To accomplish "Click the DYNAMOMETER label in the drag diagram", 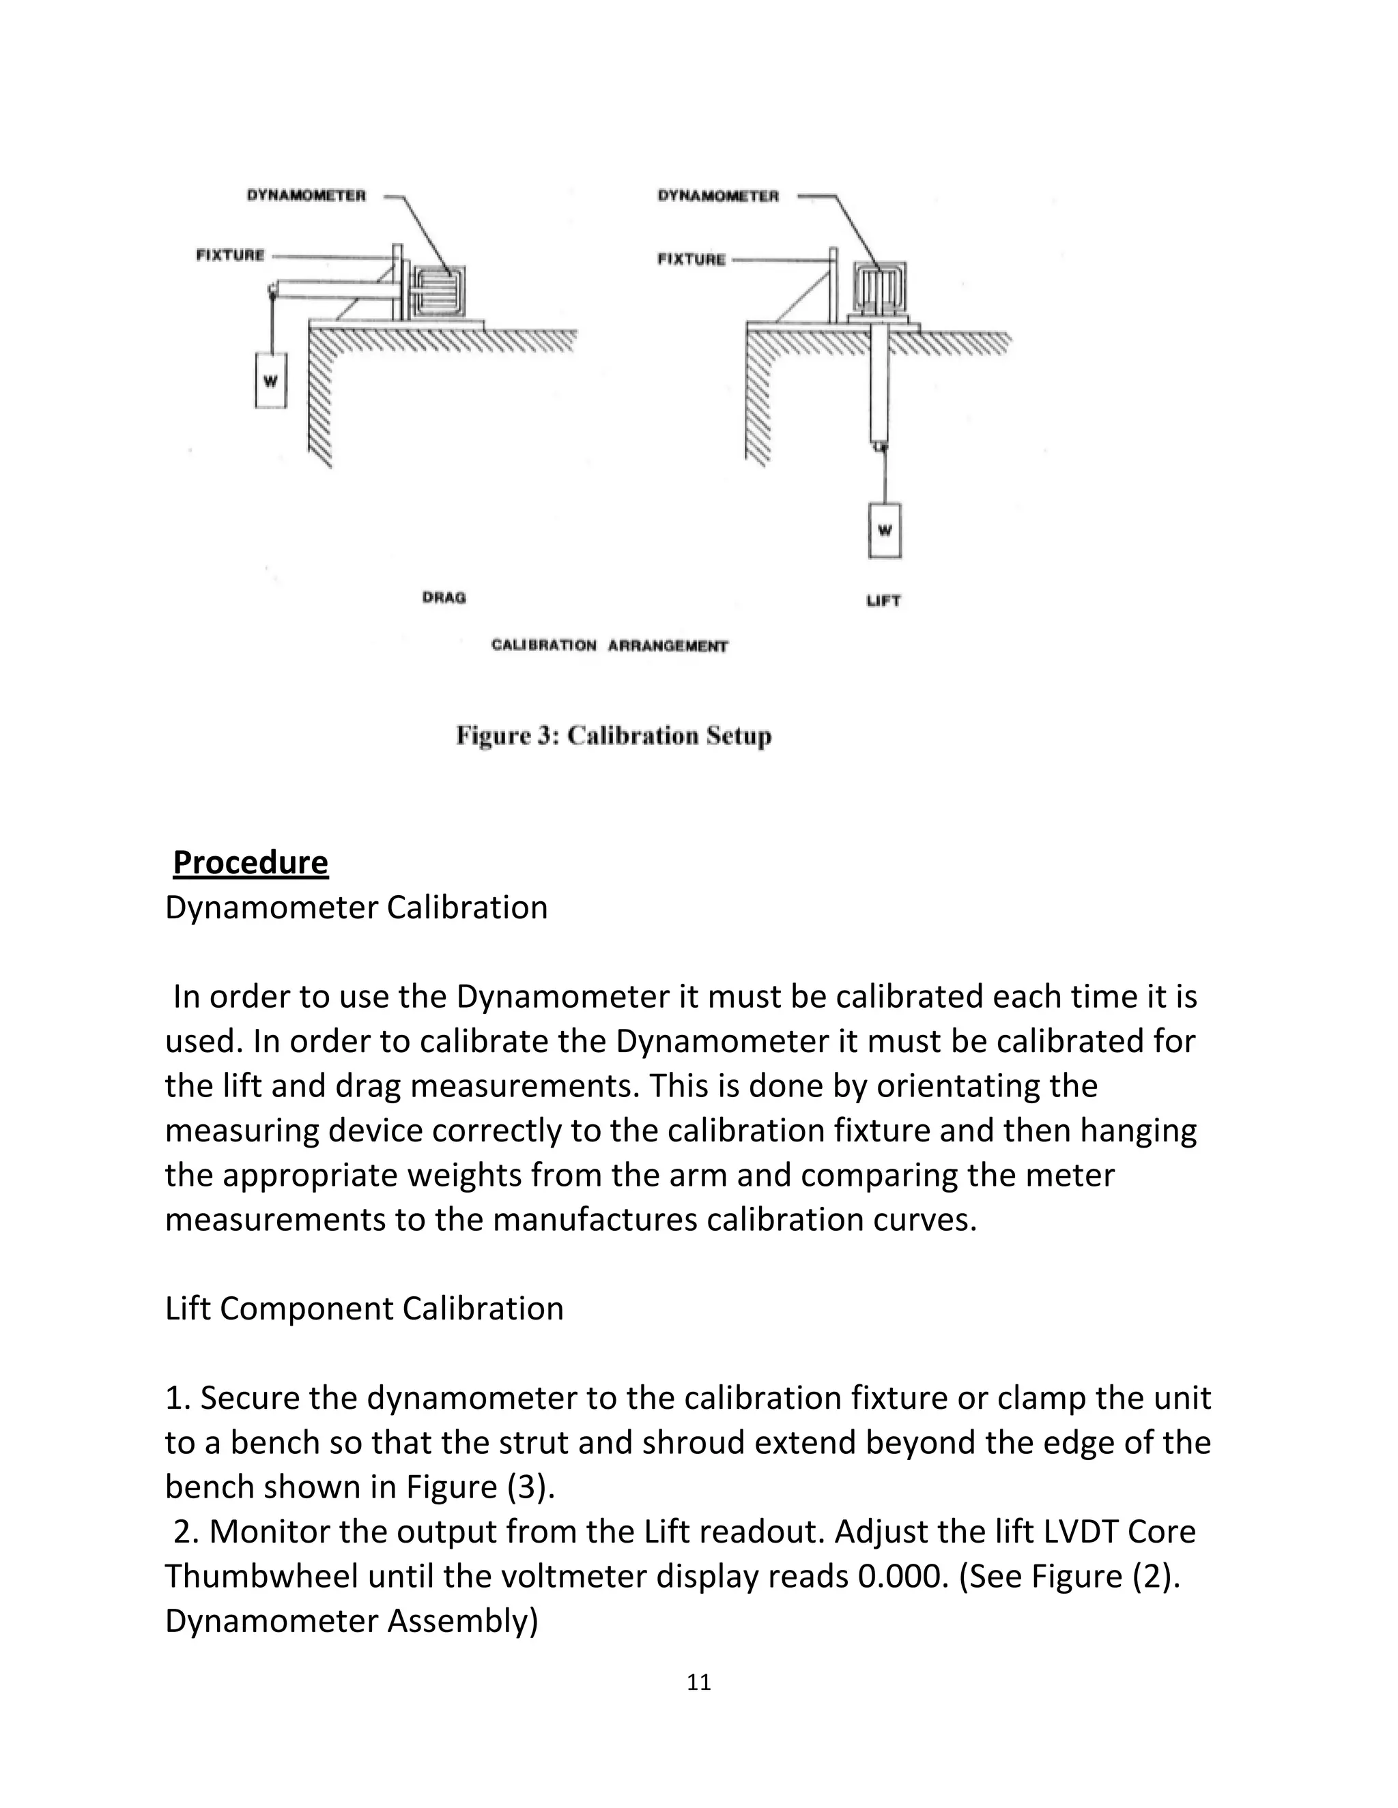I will point(306,195).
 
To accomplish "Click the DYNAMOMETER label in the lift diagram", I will point(718,196).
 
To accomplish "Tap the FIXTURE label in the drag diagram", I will point(230,255).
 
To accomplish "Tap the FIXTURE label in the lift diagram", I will point(691,259).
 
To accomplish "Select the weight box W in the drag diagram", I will point(271,380).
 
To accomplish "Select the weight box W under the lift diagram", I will point(885,530).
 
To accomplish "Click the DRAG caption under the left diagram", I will point(444,597).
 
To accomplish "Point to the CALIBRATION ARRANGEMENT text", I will point(610,645).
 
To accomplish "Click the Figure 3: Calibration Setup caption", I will point(614,735).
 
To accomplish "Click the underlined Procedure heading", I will point(250,862).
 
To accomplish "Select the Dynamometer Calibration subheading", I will point(356,907).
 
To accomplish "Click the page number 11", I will point(699,1682).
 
